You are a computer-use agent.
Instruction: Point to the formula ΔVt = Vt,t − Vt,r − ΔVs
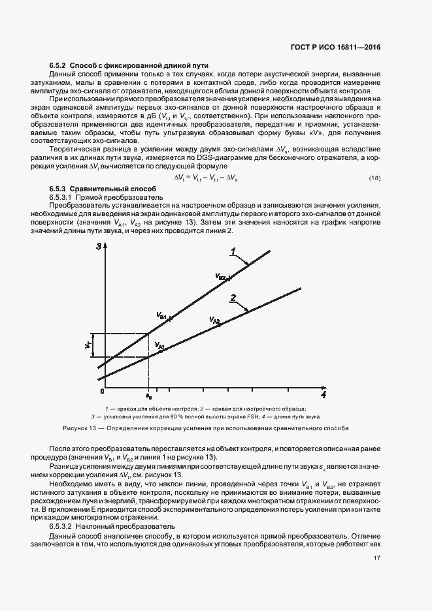click(x=206, y=178)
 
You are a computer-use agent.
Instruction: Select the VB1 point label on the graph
click(x=163, y=316)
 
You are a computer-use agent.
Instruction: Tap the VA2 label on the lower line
click(x=215, y=320)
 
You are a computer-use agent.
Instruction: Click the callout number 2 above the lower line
click(x=232, y=298)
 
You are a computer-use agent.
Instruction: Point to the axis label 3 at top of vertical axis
click(x=99, y=246)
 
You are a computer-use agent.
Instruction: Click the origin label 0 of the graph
click(x=102, y=391)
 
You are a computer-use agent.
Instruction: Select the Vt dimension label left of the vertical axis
click(x=87, y=344)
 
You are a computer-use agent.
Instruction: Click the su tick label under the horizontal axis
click(x=149, y=396)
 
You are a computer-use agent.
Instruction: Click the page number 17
click(x=377, y=558)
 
